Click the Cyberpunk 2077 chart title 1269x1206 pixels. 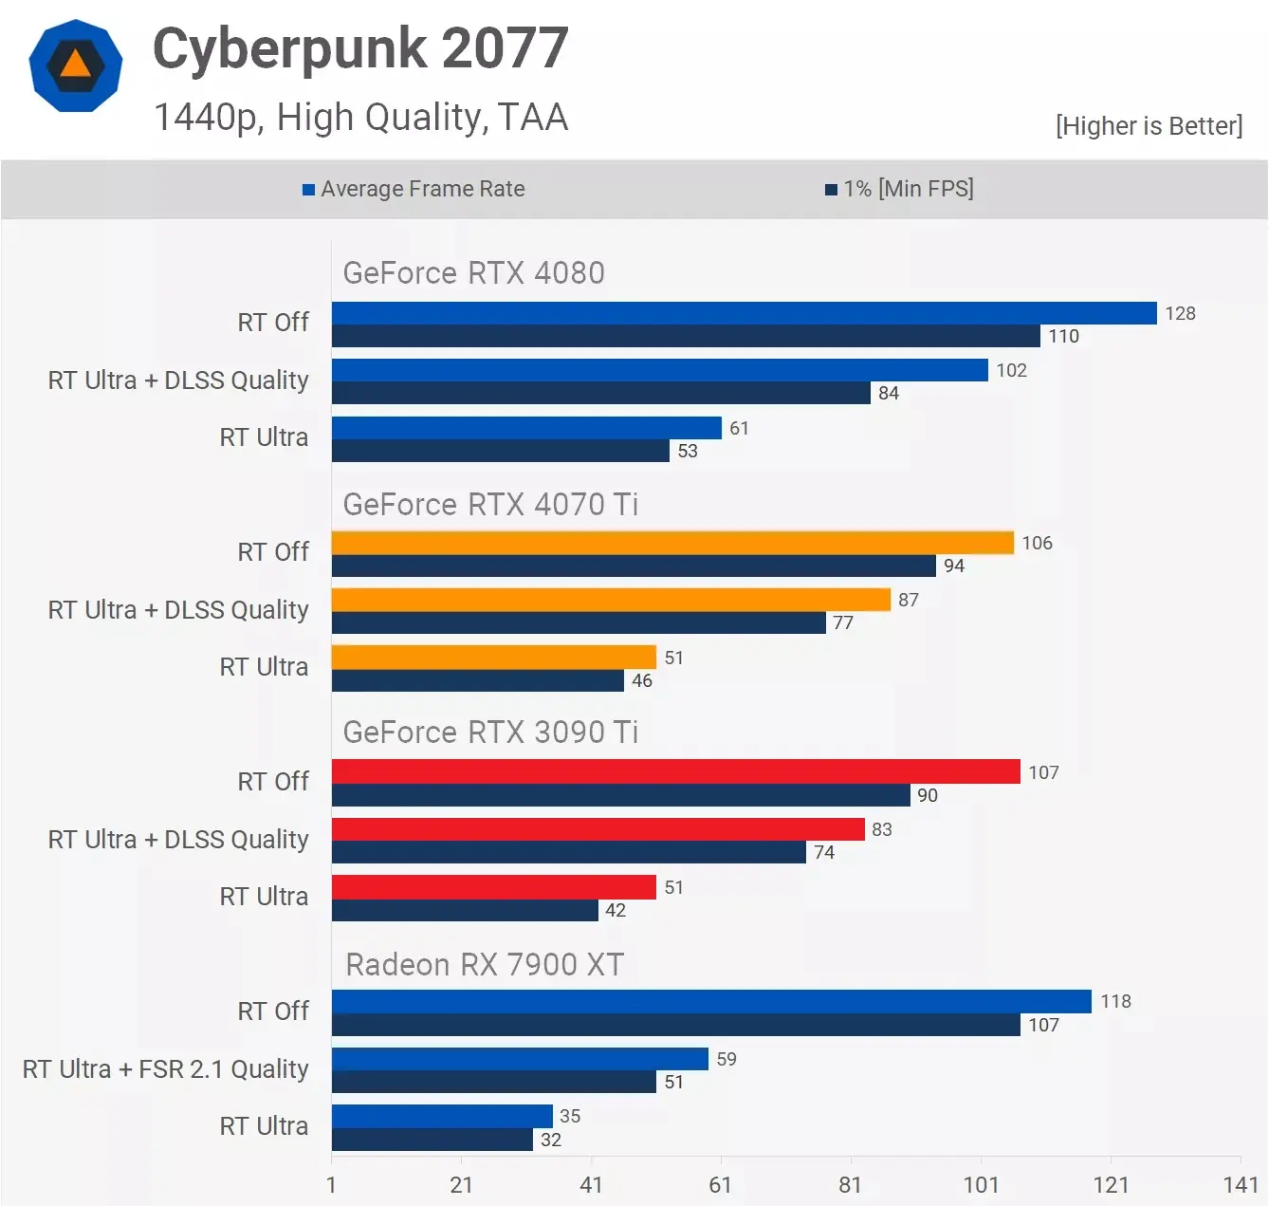click(x=360, y=49)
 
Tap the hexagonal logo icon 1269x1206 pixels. click(x=76, y=65)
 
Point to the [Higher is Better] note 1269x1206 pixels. click(x=1149, y=126)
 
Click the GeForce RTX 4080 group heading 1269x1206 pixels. click(x=473, y=273)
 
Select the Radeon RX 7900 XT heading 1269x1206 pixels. click(x=484, y=965)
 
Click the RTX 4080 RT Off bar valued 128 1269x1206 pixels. click(x=744, y=313)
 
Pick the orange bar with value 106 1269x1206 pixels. click(x=672, y=543)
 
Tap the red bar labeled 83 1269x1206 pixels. click(x=598, y=829)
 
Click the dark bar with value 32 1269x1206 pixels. click(x=432, y=1140)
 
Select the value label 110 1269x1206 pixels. click(x=1063, y=337)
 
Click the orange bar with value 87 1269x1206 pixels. click(x=611, y=600)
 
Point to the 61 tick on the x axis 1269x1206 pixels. click(x=721, y=1185)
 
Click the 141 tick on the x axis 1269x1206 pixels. click(x=1241, y=1185)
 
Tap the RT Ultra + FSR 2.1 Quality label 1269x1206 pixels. click(x=166, y=1069)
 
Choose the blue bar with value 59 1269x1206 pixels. click(x=520, y=1059)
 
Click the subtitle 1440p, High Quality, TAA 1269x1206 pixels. click(x=360, y=118)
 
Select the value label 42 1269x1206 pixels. click(x=616, y=911)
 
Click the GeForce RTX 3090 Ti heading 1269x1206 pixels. click(x=490, y=733)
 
